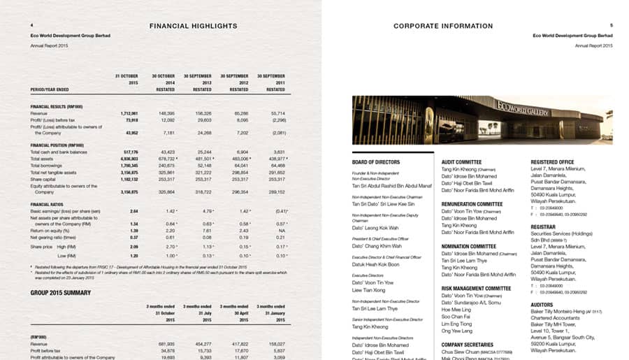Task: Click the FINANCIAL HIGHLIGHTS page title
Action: tap(194, 26)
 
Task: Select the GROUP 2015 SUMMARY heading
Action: tap(61, 292)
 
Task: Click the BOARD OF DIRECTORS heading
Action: tap(376, 162)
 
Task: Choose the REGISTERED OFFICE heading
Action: tap(552, 161)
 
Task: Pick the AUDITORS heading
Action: tap(542, 305)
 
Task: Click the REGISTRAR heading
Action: tap(543, 226)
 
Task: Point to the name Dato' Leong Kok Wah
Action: tap(375, 228)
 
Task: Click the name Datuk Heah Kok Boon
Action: tap(375, 264)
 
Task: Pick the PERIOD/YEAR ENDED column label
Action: tap(50, 89)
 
